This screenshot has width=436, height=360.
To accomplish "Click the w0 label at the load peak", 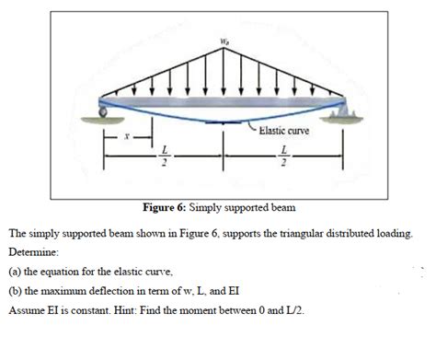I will tap(222, 41).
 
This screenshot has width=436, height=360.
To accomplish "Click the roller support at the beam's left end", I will tap(103, 112).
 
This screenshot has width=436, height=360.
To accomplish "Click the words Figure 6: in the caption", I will tap(164, 205).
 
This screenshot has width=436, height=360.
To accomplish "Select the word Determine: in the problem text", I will tap(35, 250).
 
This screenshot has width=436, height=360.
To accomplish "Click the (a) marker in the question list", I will tap(16, 272).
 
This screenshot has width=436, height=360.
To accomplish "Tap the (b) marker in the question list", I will tap(16, 291).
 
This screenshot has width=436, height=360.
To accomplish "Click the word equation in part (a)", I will tap(65, 272).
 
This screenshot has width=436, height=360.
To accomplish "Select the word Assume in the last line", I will tap(29, 311).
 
